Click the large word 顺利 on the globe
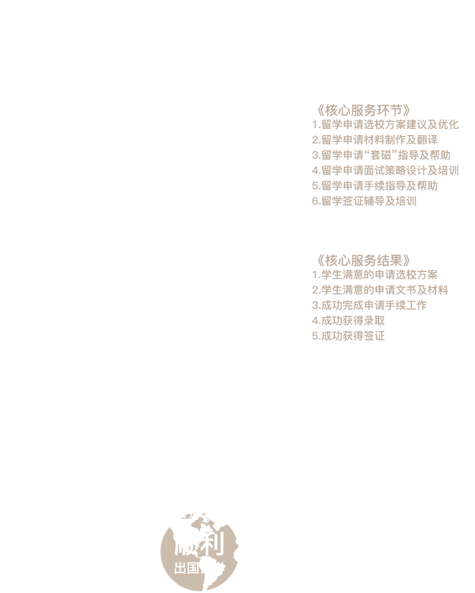click(200, 543)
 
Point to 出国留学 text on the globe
click(200, 568)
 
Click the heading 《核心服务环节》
click(363, 110)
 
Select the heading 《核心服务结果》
click(363, 260)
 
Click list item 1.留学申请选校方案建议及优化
click(385, 125)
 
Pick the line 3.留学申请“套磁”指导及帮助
click(381, 155)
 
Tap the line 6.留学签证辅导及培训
click(364, 201)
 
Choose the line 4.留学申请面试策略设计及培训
click(385, 171)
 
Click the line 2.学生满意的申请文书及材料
click(380, 290)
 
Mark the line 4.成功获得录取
click(348, 320)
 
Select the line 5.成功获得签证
click(348, 336)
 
